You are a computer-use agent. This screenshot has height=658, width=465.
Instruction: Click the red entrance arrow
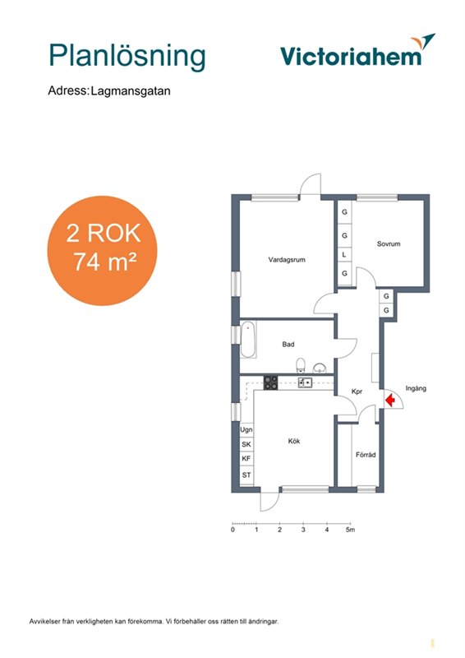point(390,400)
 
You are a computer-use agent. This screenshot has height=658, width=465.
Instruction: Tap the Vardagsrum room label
point(287,260)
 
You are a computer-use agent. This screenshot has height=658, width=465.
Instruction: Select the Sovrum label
point(389,243)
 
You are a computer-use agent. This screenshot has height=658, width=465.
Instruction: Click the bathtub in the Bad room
point(248,340)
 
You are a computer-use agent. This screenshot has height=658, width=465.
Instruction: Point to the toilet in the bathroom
point(301,365)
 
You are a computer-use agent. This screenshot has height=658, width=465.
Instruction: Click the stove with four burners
point(270,382)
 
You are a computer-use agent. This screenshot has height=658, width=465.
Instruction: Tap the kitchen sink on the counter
point(305,382)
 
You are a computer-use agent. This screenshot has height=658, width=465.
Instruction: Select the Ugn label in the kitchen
point(246,429)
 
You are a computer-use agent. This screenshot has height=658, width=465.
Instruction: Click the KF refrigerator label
point(246,459)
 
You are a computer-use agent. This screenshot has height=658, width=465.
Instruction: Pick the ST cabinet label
point(246,475)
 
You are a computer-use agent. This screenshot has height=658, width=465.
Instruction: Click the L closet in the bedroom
point(345,254)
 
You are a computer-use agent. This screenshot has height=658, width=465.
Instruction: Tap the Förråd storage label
point(366,455)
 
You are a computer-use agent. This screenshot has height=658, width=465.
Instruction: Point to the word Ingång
point(416,388)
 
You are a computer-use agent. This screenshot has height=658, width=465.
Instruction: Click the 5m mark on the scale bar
point(350,530)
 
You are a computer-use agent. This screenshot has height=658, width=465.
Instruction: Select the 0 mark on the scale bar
point(232,530)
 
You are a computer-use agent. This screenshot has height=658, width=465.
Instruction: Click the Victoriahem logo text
point(351,57)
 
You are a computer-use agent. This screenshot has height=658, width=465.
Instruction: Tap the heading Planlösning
point(127,56)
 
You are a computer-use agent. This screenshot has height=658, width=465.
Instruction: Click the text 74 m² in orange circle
point(105,262)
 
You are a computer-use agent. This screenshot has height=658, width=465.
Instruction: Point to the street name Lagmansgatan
point(131,91)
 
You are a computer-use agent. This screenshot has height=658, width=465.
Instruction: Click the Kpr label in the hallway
point(357,392)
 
